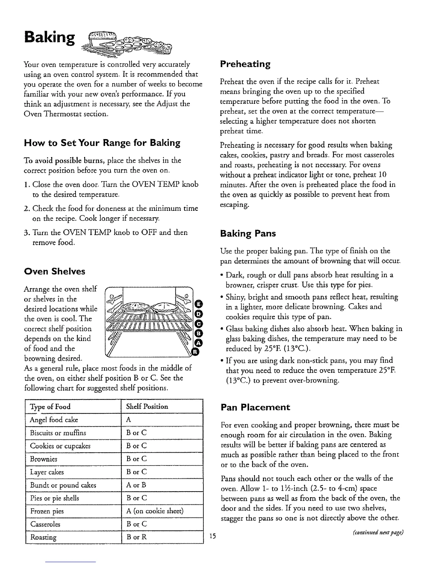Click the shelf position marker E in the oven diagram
click(x=199, y=304)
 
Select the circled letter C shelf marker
click(x=199, y=324)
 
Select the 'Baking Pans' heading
click(x=248, y=234)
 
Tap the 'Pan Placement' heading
click(x=255, y=407)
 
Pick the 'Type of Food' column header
click(x=50, y=407)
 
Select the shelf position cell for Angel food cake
click(x=129, y=420)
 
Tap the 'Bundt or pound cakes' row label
click(x=63, y=485)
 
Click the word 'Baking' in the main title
click(x=50, y=37)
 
